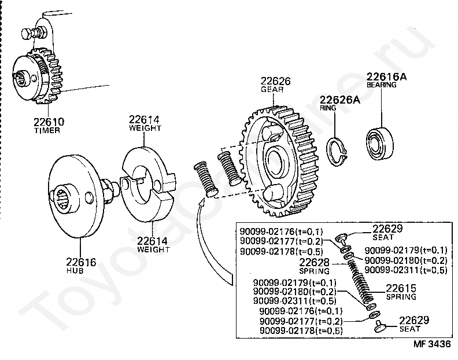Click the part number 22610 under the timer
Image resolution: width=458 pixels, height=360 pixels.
(49, 122)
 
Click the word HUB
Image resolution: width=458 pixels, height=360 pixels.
(75, 270)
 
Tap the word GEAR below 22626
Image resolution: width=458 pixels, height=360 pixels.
(272, 90)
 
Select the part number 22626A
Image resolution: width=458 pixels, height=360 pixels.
(340, 100)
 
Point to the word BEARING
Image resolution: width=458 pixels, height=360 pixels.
(382, 85)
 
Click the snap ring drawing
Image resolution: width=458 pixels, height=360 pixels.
(337, 151)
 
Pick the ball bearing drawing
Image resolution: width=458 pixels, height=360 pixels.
(380, 143)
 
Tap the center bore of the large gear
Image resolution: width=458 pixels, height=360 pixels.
(276, 161)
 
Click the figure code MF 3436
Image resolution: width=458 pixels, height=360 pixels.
(432, 344)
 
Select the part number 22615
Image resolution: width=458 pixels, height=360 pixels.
(401, 288)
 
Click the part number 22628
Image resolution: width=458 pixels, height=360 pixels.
(314, 262)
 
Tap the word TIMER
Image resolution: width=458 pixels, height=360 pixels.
(47, 130)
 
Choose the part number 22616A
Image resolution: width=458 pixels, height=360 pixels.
(386, 76)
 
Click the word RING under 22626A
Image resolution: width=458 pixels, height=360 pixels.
(328, 108)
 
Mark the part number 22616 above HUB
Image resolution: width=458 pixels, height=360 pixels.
(81, 262)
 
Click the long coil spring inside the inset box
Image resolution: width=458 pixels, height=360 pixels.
(361, 283)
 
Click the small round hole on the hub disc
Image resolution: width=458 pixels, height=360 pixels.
(90, 198)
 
